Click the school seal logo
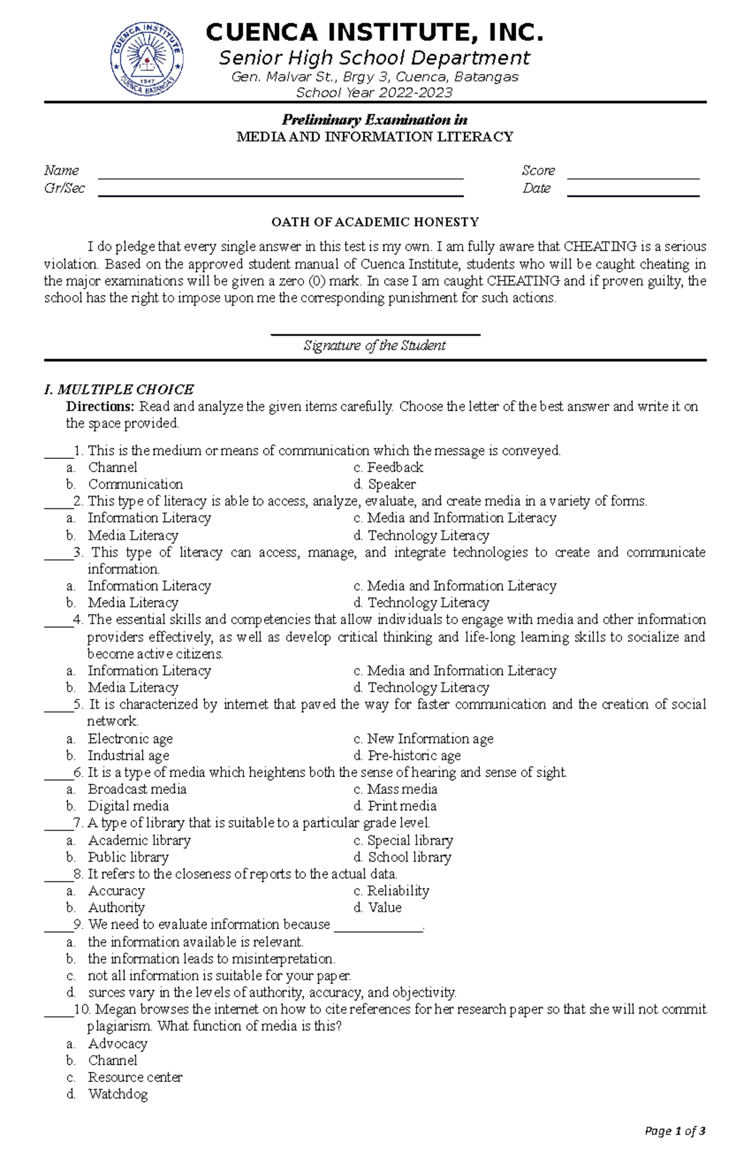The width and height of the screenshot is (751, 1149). pyautogui.click(x=147, y=60)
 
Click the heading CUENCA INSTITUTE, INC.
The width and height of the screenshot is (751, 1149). pyautogui.click(x=374, y=33)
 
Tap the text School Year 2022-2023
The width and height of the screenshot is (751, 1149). pyautogui.click(x=374, y=93)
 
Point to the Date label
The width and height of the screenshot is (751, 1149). pyautogui.click(x=537, y=188)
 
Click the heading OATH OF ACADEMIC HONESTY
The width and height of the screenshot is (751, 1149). pyautogui.click(x=374, y=222)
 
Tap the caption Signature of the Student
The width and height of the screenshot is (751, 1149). pyautogui.click(x=374, y=346)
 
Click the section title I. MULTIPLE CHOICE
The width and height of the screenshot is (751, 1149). pyautogui.click(x=119, y=389)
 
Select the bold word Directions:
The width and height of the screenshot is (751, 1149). pyautogui.click(x=100, y=406)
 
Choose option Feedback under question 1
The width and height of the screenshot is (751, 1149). pyautogui.click(x=394, y=467)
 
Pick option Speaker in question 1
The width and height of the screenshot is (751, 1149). pyautogui.click(x=391, y=484)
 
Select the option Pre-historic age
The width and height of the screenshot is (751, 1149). pyautogui.click(x=413, y=756)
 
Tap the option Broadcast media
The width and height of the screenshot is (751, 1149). pyautogui.click(x=137, y=789)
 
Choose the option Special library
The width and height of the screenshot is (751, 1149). pyautogui.click(x=409, y=840)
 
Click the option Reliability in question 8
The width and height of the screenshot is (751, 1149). pyautogui.click(x=397, y=891)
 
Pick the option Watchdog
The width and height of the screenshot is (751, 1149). pyautogui.click(x=118, y=1094)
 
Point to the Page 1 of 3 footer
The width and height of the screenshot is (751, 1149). pyautogui.click(x=675, y=1131)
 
